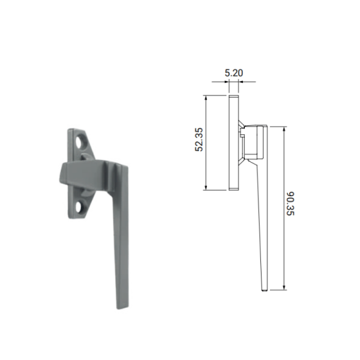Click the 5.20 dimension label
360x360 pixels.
click(234, 73)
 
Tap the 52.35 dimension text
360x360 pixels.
click(199, 139)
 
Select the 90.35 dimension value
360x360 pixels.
click(290, 203)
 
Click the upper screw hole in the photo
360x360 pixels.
click(81, 143)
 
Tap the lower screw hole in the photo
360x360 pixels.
click(81, 206)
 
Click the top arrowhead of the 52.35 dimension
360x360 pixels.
click(206, 98)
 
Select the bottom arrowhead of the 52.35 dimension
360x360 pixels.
click(206, 188)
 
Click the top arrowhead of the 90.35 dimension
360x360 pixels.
click(284, 129)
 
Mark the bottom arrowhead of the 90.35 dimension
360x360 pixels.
click(284, 287)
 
